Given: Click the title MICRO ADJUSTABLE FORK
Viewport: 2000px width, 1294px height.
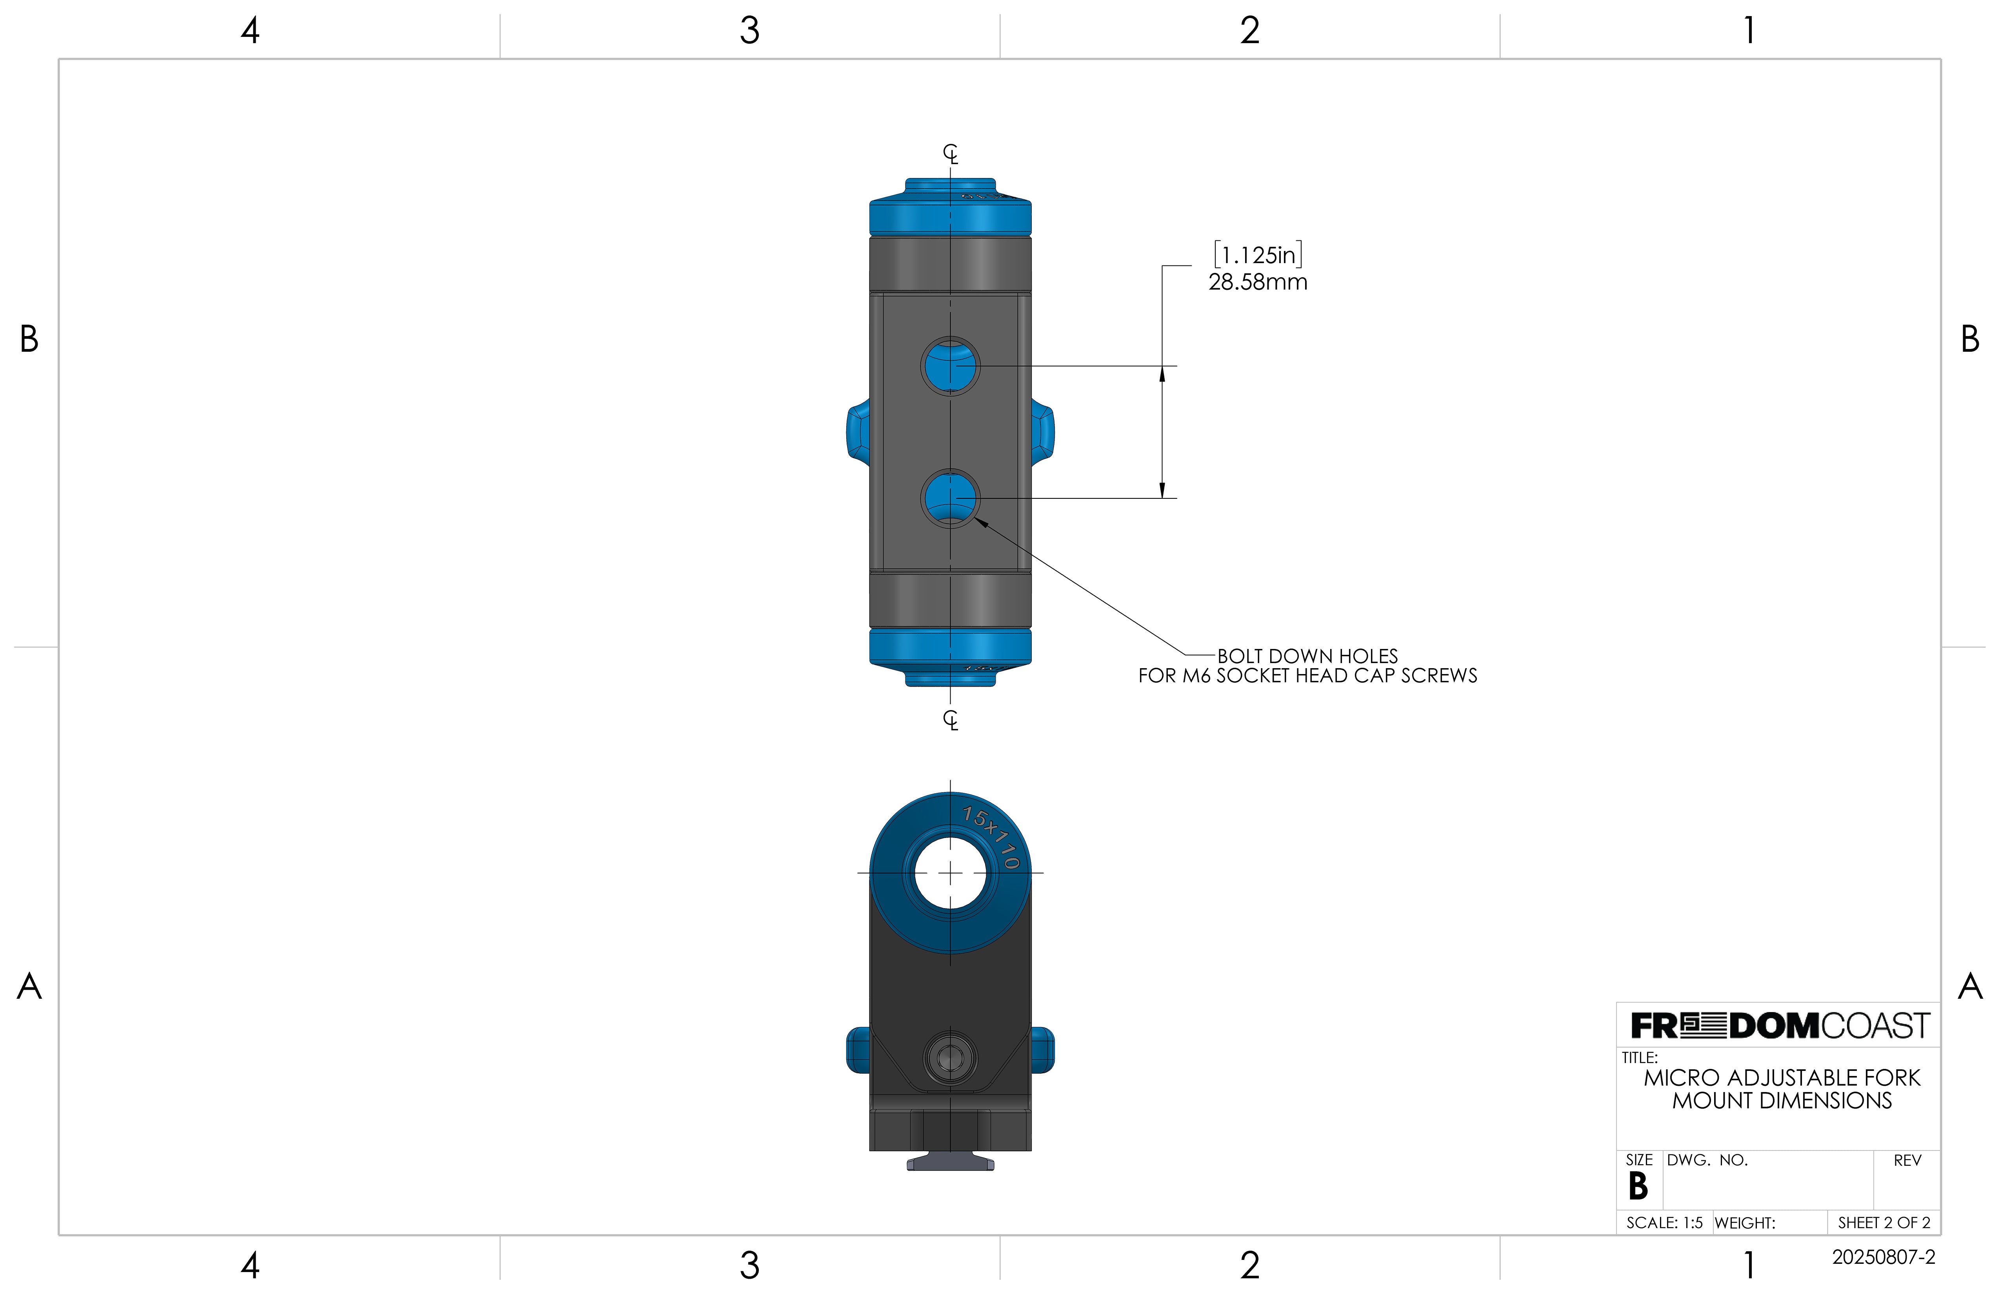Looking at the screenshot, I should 1782,1078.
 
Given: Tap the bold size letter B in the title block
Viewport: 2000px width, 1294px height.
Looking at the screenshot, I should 1638,1187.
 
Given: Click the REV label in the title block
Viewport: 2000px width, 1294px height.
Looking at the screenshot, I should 1907,1160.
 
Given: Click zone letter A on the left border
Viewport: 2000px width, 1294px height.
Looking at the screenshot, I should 29,986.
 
